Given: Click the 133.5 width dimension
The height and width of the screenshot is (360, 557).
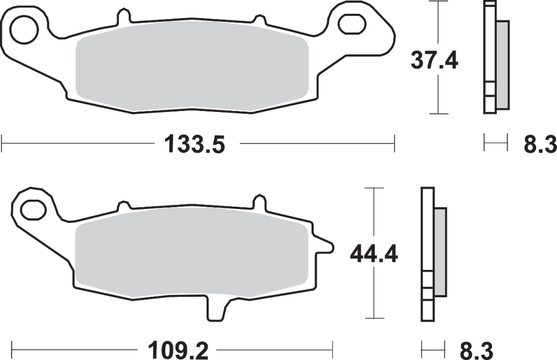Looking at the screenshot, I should click(x=195, y=143).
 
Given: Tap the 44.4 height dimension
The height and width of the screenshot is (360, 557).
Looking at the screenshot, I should click(x=373, y=254).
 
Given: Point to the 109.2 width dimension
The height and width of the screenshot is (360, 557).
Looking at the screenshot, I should click(x=176, y=350).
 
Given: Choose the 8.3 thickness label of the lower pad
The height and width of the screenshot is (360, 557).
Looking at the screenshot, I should click(x=476, y=350).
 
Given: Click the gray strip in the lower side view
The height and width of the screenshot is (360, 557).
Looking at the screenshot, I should click(x=440, y=253).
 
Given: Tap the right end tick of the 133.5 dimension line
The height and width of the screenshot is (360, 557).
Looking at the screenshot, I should click(x=395, y=143).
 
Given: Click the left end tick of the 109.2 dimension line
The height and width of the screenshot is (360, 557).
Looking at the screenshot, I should click(x=13, y=350).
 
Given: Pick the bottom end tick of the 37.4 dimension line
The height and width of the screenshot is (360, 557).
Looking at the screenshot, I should click(x=438, y=113).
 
